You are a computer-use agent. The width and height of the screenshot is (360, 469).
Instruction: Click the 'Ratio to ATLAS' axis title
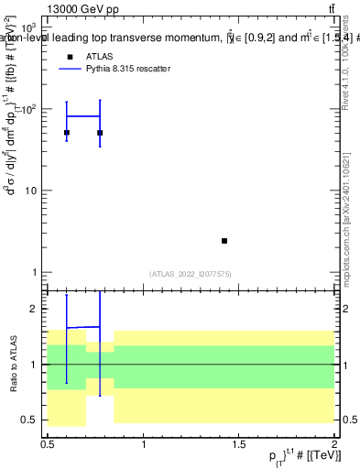click(12, 363)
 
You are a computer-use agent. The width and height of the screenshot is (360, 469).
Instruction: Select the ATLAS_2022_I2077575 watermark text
click(191, 274)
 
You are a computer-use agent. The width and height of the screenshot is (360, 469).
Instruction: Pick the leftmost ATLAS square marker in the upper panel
click(67, 133)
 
